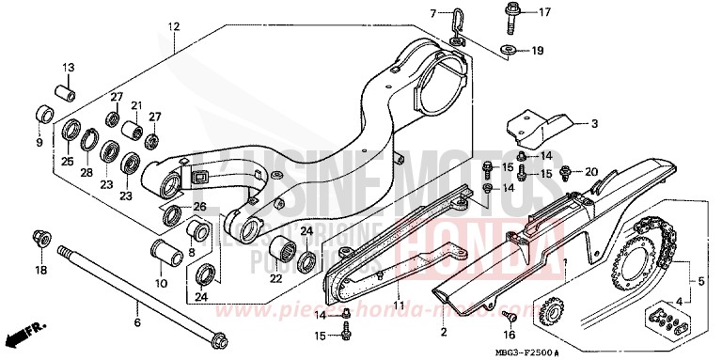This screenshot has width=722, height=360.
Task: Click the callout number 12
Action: click(172, 28)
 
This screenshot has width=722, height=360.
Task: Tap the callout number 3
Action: click(568, 122)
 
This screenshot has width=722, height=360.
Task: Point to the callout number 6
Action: click(137, 323)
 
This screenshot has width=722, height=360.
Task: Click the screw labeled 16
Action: click(509, 315)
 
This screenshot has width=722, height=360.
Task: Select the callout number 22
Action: click(275, 278)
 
